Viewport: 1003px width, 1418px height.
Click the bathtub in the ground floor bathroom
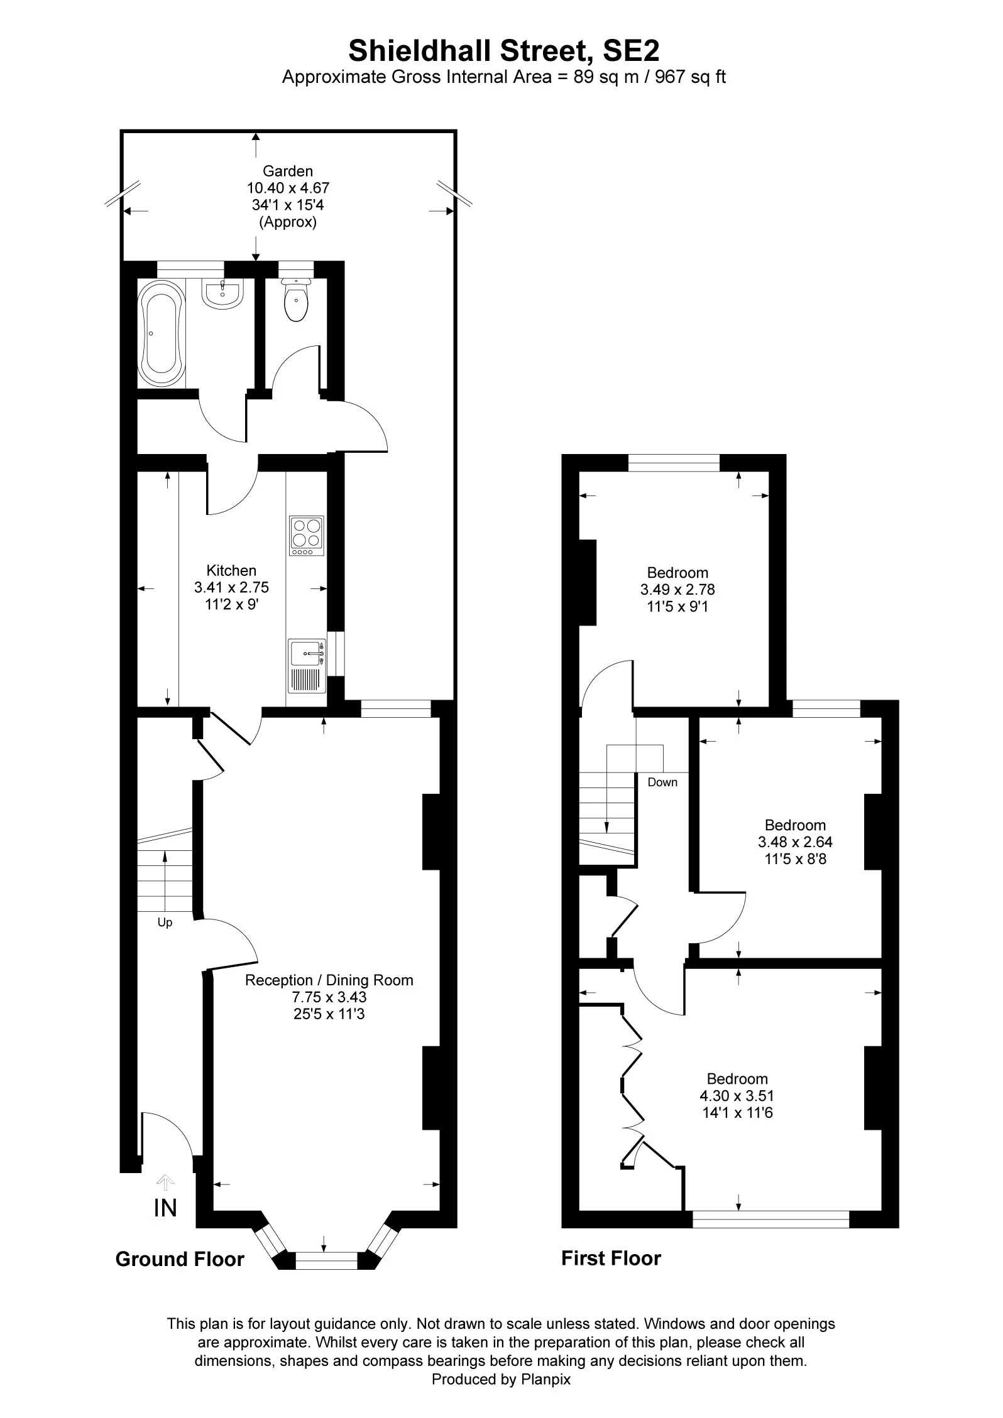coord(162,333)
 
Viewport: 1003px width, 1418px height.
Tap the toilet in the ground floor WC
coord(296,301)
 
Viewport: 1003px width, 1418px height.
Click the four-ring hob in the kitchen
coord(307,535)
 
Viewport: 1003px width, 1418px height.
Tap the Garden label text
coord(288,171)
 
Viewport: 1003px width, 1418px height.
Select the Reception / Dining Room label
coord(329,980)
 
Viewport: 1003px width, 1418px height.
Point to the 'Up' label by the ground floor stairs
coord(165,923)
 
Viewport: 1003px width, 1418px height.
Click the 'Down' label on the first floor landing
coord(662,782)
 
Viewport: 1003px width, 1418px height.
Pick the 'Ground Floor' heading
coord(180,1258)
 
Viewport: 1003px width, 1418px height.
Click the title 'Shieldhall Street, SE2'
coord(504,50)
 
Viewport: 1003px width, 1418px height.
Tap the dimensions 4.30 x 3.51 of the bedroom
coord(737,1096)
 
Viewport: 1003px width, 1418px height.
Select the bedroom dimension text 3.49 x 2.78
coord(677,590)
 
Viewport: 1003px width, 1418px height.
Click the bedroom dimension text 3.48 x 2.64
coord(795,842)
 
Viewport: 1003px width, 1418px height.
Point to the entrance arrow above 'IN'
coord(165,1183)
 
